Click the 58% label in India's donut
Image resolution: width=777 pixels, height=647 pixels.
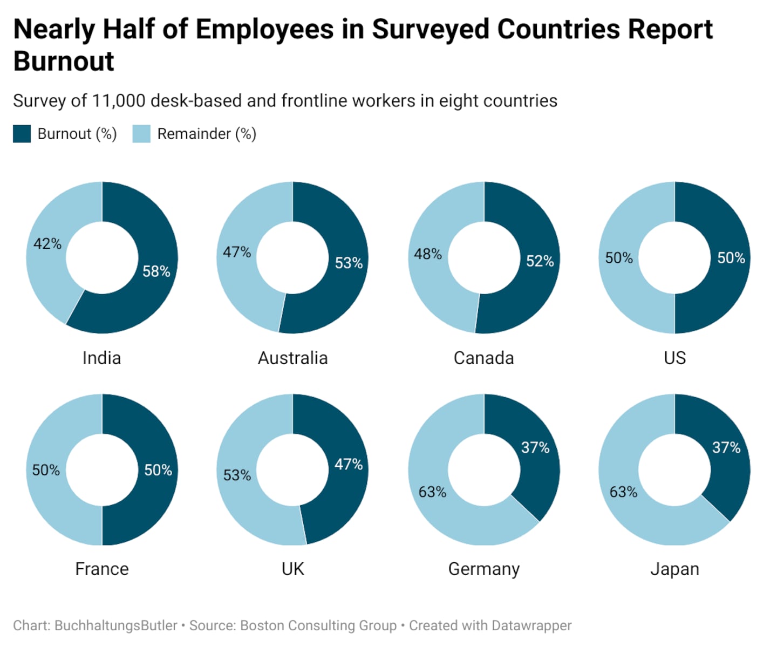156,271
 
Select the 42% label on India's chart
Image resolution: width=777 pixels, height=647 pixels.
47,244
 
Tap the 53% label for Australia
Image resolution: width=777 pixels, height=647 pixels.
349,263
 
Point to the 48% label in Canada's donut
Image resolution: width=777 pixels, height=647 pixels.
428,254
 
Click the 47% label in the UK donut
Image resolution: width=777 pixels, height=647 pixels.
349,464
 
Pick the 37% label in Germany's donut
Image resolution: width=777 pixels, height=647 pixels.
535,447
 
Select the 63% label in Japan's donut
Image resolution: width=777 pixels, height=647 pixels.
623,492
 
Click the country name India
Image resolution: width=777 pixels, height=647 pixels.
101,358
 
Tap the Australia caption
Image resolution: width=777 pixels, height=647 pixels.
292,358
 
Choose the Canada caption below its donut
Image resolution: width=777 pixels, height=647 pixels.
483,358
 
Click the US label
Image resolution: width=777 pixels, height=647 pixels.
674,358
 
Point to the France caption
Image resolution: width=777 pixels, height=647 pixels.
101,569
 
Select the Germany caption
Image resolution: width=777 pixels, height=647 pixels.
483,569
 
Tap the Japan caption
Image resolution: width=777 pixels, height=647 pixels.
674,569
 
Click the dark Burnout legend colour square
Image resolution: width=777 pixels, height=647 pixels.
22,134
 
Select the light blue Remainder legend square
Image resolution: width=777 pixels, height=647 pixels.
141,134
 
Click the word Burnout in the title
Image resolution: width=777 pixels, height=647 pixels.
64,61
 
